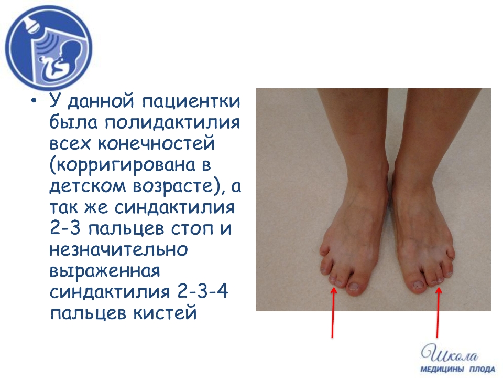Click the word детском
[88, 186]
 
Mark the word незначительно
[119, 250]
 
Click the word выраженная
[105, 271]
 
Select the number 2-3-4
[202, 291]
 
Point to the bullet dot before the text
[34, 101]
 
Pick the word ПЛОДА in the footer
[483, 369]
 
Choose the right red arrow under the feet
[438, 312]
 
